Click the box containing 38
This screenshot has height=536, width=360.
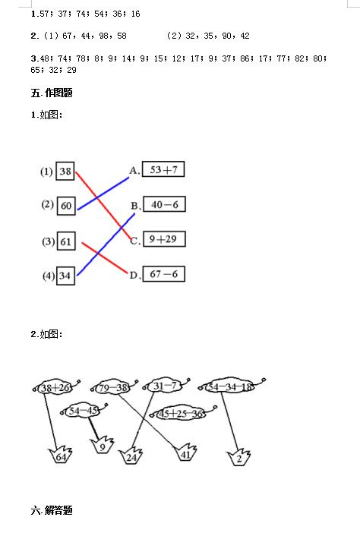65,171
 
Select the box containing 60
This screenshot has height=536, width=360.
66,206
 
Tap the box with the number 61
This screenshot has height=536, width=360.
66,241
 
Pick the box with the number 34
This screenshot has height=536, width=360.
65,276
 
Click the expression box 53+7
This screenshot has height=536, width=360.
163,169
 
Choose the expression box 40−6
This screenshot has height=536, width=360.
165,204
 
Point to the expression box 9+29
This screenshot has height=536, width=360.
164,239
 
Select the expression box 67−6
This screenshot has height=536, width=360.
163,274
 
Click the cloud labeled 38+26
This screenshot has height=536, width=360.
55,387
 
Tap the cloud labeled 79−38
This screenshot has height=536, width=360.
113,387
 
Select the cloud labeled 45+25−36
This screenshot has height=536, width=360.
182,413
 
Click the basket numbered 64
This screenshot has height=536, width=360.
61,456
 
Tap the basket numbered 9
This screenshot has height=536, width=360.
103,445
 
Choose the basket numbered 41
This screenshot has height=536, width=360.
185,452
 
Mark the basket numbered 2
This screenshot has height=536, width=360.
238,457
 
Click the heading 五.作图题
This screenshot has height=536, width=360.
52,93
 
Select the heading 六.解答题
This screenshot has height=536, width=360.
52,510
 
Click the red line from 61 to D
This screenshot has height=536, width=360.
105,257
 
